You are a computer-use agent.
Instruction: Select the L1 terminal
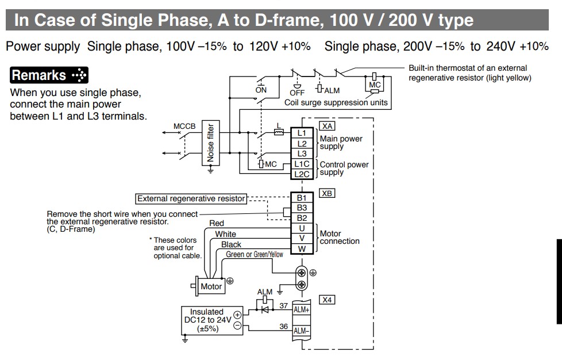(302, 133)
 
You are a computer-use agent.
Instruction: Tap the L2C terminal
(302, 174)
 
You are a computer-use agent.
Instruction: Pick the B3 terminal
(302, 208)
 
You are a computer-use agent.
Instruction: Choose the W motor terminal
(302, 249)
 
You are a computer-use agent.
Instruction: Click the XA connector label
(328, 125)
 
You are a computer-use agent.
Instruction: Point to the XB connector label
(328, 193)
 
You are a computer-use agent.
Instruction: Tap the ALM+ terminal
(302, 309)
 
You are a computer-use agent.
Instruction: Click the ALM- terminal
(302, 331)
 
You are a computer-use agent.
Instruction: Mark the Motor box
(211, 286)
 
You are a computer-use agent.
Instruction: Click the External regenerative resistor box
(191, 198)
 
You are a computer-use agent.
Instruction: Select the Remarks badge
(49, 75)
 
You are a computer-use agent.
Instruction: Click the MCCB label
(184, 126)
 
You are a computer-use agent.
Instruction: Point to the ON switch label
(261, 90)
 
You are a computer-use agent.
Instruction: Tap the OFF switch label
(297, 92)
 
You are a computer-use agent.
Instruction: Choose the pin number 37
(284, 306)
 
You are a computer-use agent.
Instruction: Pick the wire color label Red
(217, 223)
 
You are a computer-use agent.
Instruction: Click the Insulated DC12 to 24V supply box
(207, 320)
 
